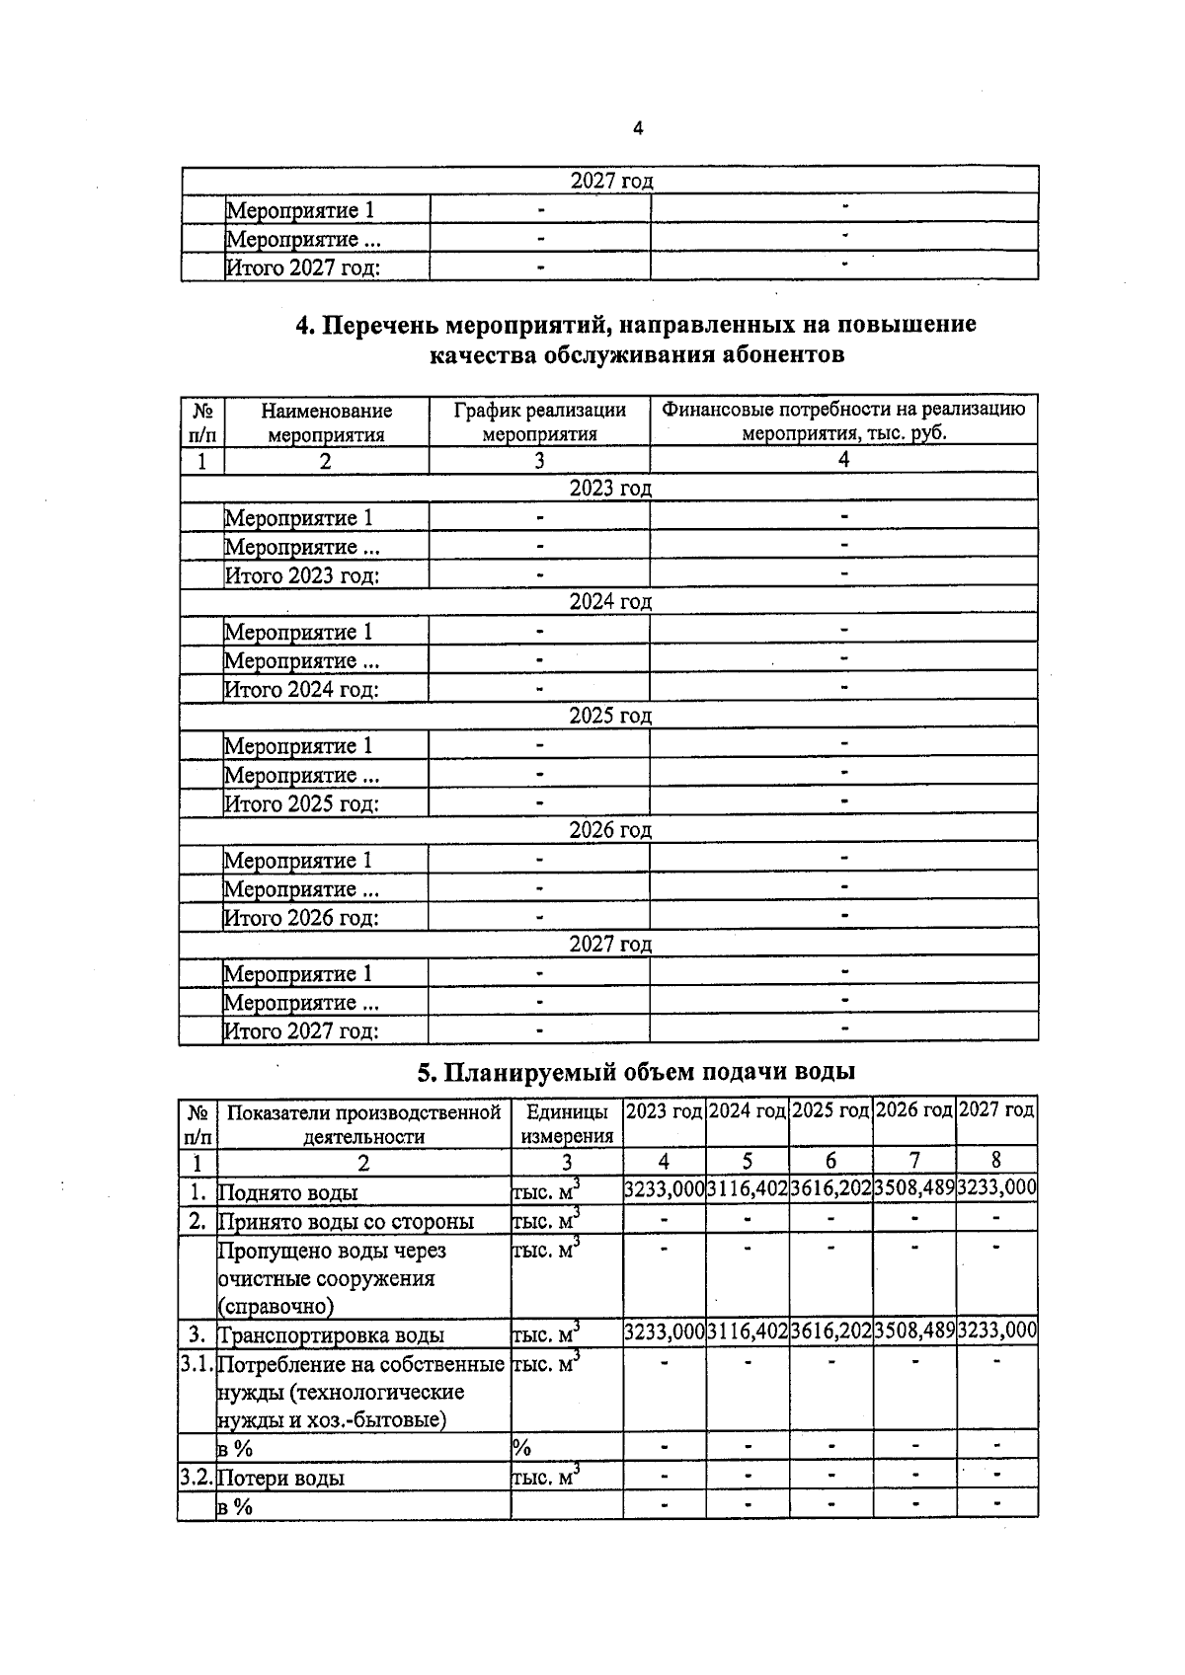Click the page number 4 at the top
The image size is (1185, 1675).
pos(637,128)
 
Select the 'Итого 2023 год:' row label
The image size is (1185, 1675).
pos(302,575)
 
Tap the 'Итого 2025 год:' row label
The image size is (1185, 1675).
pos(302,803)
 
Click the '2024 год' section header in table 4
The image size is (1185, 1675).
pos(610,601)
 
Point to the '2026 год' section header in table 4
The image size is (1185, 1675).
pos(610,830)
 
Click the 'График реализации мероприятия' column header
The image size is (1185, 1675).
pos(539,421)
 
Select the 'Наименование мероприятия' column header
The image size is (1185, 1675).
pos(326,421)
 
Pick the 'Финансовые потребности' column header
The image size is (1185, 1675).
pos(843,421)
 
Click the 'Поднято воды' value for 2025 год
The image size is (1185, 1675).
pos(830,1189)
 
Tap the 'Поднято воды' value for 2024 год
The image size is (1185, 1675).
pos(748,1189)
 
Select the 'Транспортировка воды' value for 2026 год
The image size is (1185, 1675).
pos(914,1332)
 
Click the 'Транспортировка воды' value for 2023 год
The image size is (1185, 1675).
pos(665,1332)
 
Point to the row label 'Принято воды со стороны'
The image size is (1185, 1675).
pos(346,1222)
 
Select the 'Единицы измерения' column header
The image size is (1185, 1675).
pos(567,1123)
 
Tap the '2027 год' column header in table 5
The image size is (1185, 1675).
pos(997,1110)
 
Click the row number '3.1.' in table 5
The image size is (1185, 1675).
pos(197,1365)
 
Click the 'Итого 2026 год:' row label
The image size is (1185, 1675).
pos(302,918)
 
